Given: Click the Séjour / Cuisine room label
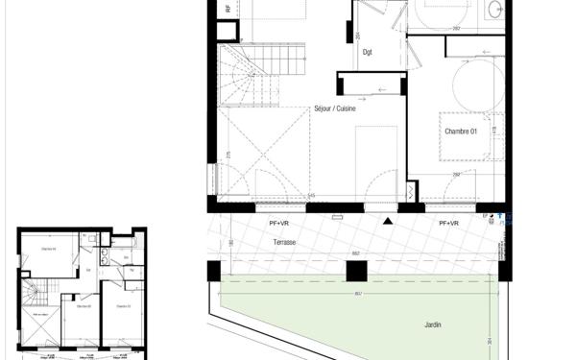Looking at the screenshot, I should [x=335, y=108].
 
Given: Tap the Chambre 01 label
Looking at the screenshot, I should [x=460, y=131].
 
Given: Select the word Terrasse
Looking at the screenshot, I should [x=283, y=243].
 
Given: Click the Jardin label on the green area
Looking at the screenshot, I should [x=434, y=325].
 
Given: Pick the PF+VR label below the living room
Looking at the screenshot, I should [x=281, y=223].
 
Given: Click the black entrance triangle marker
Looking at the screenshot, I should [x=387, y=222].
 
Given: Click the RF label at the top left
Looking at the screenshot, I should [x=228, y=8].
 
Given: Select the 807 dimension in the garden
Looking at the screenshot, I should [x=358, y=280].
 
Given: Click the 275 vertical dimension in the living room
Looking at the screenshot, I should [x=228, y=154].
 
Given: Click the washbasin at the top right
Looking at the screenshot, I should [x=494, y=10].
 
